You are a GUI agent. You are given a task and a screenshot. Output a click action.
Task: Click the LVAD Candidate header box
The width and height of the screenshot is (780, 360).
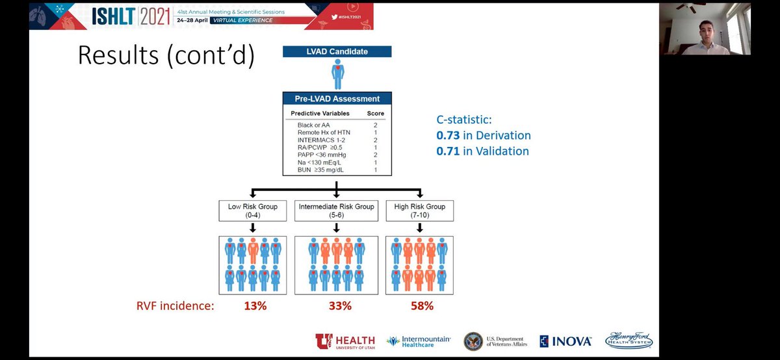click(337, 51)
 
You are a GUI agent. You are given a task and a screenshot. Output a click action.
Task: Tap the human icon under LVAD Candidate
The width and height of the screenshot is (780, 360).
click(337, 75)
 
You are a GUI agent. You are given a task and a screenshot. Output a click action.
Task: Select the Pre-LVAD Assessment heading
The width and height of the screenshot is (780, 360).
click(337, 99)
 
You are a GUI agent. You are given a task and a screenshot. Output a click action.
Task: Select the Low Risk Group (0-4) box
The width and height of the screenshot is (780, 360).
click(253, 211)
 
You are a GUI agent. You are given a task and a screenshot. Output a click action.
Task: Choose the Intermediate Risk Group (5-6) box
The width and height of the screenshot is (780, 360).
click(336, 211)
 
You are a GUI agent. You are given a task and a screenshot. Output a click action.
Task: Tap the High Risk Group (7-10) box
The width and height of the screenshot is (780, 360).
click(419, 211)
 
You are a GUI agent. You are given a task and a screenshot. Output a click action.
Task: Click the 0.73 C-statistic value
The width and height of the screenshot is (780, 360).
click(447, 136)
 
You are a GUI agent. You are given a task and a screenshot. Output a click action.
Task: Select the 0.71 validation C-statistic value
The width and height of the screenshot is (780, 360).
click(447, 151)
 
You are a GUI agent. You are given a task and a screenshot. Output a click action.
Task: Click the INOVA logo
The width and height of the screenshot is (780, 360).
click(565, 341)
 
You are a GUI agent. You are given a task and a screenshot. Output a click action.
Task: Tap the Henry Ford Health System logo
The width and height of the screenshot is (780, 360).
click(629, 341)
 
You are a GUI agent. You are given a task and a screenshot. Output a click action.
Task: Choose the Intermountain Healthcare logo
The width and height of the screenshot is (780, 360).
click(416, 341)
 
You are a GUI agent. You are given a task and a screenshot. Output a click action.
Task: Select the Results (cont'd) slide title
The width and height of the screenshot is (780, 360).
click(166, 55)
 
